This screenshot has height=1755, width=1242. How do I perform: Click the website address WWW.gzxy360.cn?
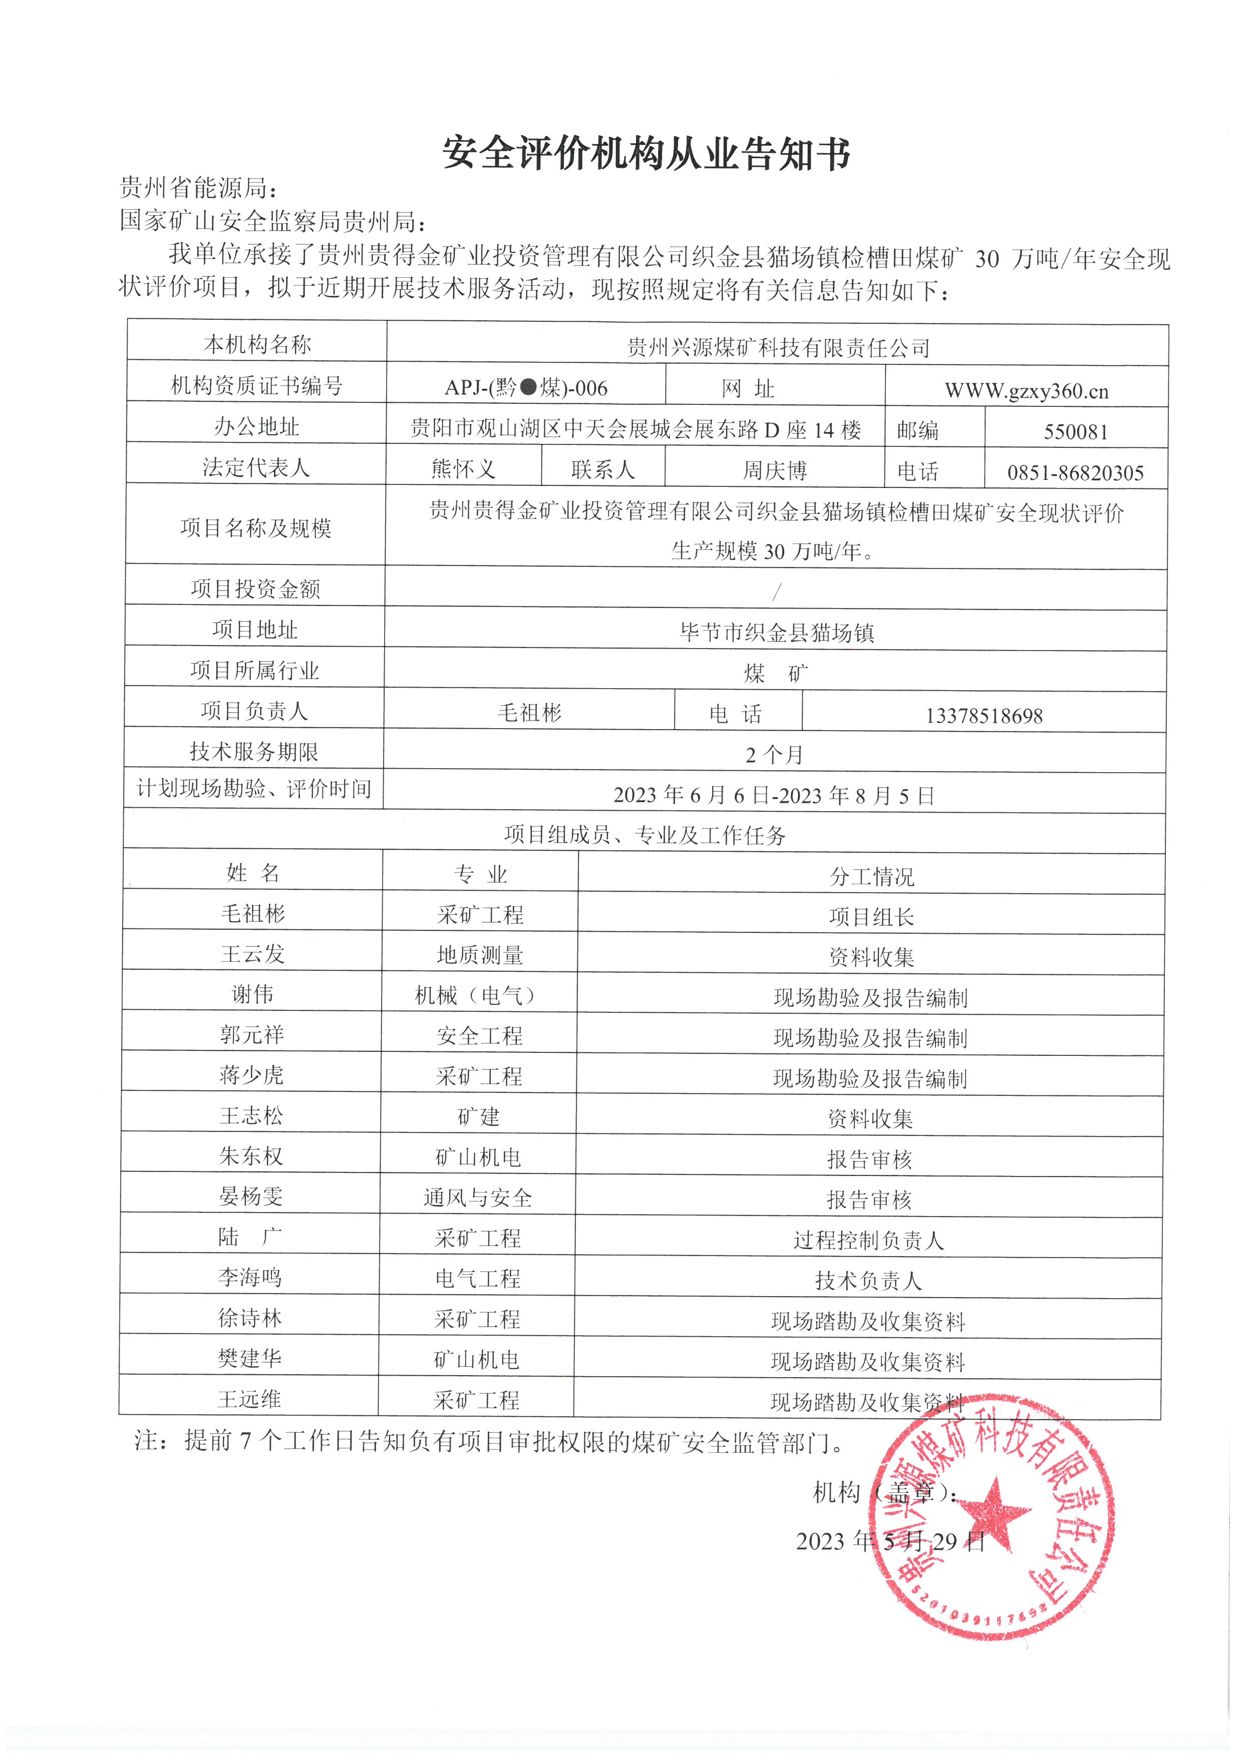(x=1026, y=391)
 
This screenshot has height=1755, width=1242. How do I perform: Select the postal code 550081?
(x=1075, y=432)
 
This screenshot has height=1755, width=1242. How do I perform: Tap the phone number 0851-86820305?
(x=1075, y=473)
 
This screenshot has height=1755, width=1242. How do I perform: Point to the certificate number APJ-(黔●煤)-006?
(x=526, y=388)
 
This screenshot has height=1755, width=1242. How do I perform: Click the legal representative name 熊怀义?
(x=463, y=468)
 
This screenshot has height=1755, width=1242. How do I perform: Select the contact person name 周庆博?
(x=775, y=470)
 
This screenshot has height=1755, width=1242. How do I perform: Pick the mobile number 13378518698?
(x=984, y=716)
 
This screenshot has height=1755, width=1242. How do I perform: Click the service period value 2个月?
(x=774, y=755)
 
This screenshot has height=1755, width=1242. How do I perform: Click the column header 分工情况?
(x=872, y=877)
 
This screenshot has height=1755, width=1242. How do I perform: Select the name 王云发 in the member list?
(x=252, y=954)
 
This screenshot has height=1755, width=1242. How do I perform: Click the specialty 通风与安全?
(x=478, y=1198)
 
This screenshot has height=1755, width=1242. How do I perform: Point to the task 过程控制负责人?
(x=869, y=1240)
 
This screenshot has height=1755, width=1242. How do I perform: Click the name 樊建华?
(x=249, y=1358)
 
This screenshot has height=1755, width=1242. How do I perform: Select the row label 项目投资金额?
(x=255, y=589)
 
